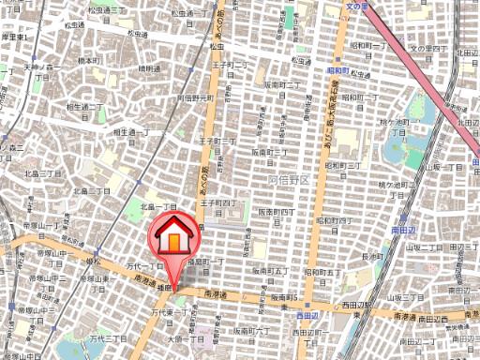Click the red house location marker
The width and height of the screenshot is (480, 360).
[x=173, y=239]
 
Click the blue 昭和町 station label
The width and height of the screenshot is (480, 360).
[x=337, y=69]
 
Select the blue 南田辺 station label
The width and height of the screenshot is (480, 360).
[x=403, y=228]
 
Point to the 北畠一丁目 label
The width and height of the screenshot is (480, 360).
[x=157, y=206]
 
